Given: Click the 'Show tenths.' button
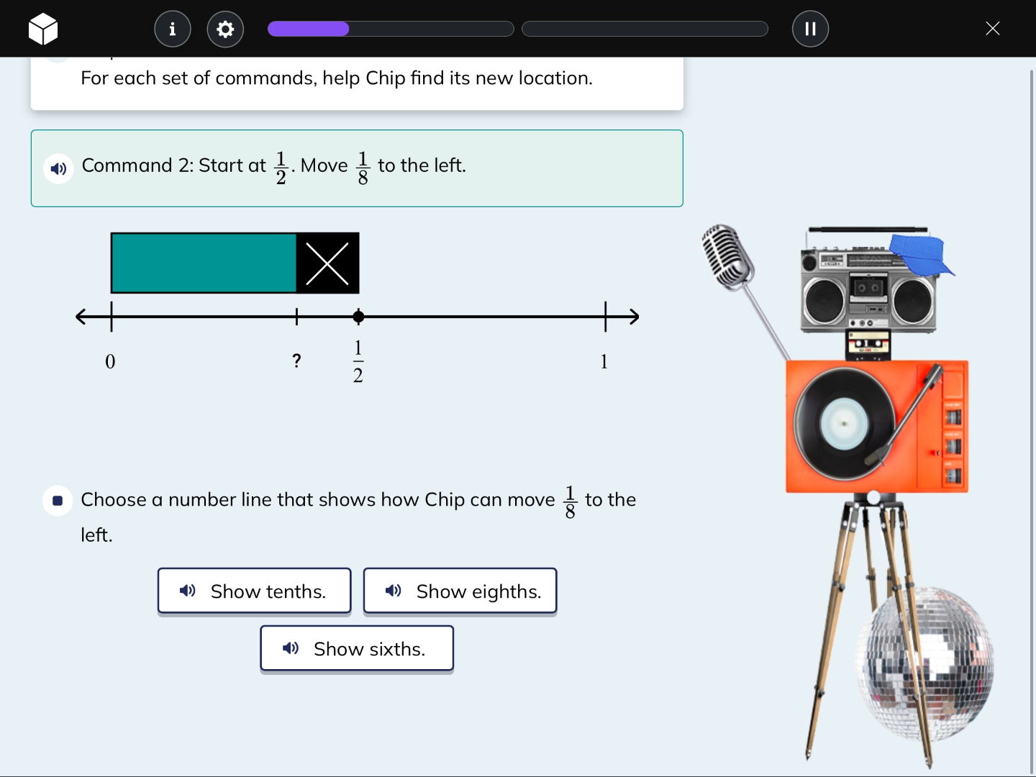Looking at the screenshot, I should coord(254,591).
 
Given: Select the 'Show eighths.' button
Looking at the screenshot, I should coord(460,591).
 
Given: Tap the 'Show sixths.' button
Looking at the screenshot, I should coord(357,648).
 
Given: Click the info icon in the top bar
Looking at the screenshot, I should coord(173,29).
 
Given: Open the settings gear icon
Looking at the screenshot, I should coord(225,29).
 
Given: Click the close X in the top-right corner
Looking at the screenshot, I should coord(992,29).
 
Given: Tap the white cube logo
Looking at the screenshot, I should coord(43,29).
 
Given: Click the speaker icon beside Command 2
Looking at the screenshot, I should coord(58,168).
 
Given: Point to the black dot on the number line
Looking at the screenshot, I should coord(358,317).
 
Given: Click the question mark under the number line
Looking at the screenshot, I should coord(296,360).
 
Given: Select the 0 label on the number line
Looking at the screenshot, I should coord(110,361).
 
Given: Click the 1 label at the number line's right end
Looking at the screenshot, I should coord(604,361).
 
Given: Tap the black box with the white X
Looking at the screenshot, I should coord(327,263).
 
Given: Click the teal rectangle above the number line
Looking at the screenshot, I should coord(204,263).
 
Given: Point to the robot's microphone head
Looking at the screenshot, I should coord(727,255).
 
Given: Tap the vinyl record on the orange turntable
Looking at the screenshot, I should coord(843,424).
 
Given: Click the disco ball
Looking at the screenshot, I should coord(924,662).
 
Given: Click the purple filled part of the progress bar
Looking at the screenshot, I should coord(308,29).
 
